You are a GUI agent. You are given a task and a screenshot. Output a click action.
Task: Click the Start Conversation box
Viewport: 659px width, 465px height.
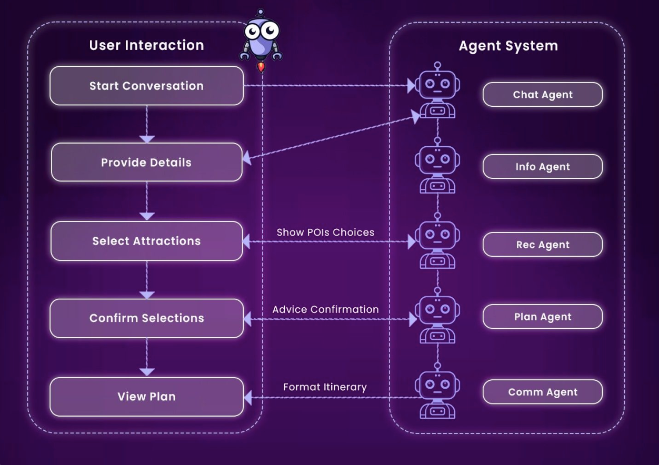point(146,86)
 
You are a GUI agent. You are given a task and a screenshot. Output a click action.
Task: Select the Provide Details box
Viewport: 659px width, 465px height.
point(146,163)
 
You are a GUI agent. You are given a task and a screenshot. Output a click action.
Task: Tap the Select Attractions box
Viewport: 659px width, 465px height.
point(146,241)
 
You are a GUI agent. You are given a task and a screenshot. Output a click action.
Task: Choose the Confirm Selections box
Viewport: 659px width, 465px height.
point(146,318)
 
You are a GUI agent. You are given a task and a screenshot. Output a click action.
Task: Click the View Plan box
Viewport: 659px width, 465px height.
point(146,397)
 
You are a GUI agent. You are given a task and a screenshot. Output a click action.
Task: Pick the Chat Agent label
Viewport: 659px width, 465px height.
point(542,95)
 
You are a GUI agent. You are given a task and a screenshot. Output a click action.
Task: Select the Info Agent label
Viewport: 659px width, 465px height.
point(542,167)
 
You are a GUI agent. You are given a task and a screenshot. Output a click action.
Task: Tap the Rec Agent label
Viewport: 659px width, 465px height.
point(542,245)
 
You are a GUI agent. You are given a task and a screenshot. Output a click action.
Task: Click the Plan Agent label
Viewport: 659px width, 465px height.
point(542,317)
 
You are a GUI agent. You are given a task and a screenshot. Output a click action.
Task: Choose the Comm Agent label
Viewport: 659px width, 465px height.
point(542,392)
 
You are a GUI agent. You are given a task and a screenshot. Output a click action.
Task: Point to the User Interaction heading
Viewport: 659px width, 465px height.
point(146,45)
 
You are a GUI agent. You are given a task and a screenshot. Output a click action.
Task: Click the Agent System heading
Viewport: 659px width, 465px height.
point(508,46)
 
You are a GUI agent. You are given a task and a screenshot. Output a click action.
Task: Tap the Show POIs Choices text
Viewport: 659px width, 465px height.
point(325,232)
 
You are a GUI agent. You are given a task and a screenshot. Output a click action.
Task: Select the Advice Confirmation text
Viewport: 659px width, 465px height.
point(325,309)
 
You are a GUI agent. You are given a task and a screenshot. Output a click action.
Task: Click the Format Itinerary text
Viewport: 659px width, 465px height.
point(325,387)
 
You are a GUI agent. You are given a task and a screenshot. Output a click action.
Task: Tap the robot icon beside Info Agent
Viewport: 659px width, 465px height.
point(437,166)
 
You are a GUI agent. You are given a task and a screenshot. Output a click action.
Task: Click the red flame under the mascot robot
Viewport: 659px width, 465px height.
point(261,67)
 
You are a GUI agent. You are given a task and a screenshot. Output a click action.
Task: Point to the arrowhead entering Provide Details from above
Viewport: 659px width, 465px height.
point(147,139)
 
